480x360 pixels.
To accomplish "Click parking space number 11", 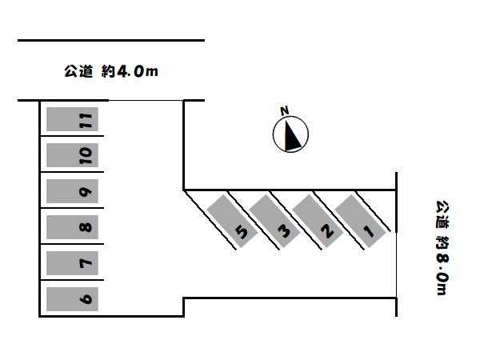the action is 72,119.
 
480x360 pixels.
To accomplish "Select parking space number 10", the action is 72,155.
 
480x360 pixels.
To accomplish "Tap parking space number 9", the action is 72,191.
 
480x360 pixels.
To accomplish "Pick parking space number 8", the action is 72,227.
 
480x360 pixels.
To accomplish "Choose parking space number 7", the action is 72,263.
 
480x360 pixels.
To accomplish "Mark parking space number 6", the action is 72,299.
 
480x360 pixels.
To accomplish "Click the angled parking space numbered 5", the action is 232,222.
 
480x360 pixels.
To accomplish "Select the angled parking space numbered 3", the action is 274,222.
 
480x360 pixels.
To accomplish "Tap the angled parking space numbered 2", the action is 318,222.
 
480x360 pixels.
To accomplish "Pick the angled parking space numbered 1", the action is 360,222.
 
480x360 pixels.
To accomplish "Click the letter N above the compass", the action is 285,110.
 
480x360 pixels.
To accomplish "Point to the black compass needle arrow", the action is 291,136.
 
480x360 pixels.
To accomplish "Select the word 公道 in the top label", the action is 78,71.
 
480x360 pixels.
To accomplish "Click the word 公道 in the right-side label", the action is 442,214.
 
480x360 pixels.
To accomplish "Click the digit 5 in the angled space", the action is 242,232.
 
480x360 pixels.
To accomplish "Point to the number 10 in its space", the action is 86,155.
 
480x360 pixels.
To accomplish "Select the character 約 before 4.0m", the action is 108,71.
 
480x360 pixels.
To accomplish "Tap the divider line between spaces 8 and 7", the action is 72,244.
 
